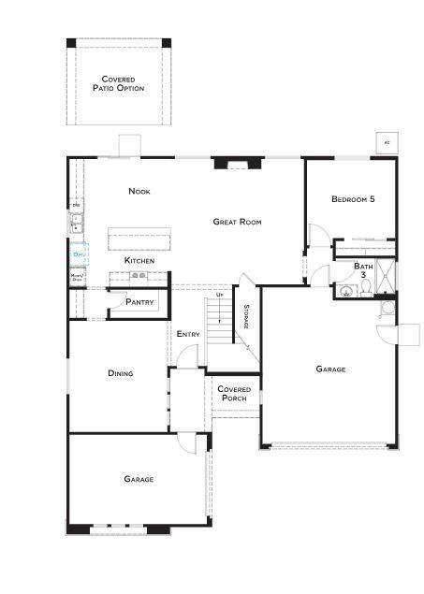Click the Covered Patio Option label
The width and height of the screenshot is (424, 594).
pyautogui.click(x=118, y=84)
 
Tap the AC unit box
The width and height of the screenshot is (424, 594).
pyautogui.click(x=385, y=143)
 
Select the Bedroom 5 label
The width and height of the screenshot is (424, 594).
pyautogui.click(x=353, y=199)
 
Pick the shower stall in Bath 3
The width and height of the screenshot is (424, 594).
pyautogui.click(x=386, y=277)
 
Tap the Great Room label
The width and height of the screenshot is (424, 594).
pyautogui.click(x=237, y=222)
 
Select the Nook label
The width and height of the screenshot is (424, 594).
pyautogui.click(x=139, y=192)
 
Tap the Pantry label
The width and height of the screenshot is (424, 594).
pyautogui.click(x=140, y=302)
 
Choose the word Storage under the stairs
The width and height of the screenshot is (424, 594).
pyautogui.click(x=246, y=317)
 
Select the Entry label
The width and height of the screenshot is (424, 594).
pyautogui.click(x=187, y=334)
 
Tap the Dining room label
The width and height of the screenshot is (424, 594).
pyautogui.click(x=120, y=373)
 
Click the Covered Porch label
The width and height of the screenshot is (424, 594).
pyautogui.click(x=232, y=394)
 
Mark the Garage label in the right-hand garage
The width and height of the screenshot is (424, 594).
pyautogui.click(x=330, y=369)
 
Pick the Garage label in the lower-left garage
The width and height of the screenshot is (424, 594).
pyautogui.click(x=139, y=479)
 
